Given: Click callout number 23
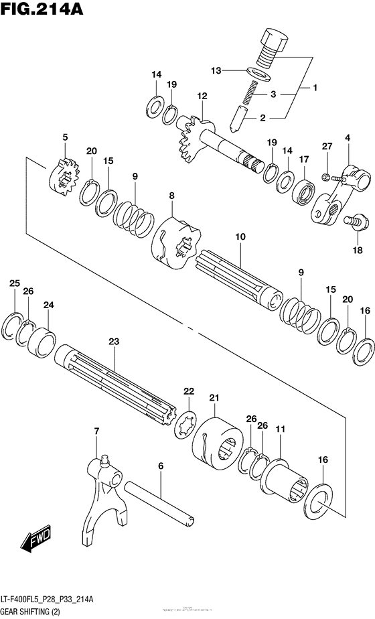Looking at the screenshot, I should tap(114, 342).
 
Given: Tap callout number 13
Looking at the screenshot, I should tap(216, 70).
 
